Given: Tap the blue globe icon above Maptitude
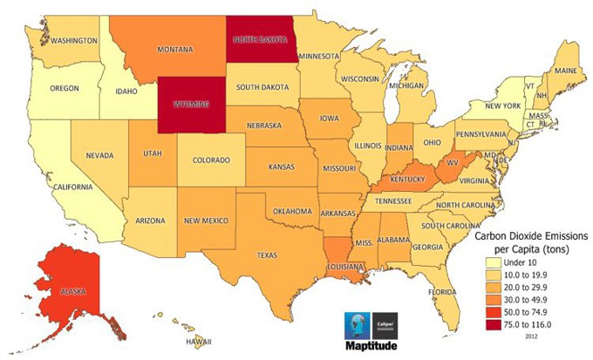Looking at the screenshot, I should [x=358, y=322].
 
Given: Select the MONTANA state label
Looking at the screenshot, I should [x=174, y=51].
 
